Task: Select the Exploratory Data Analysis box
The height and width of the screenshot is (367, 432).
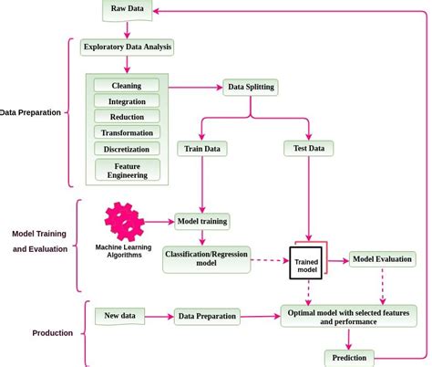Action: point(127,47)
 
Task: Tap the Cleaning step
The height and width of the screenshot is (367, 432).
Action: point(127,85)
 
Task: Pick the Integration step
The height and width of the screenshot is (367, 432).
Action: point(127,100)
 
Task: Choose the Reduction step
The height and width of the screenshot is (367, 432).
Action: point(127,116)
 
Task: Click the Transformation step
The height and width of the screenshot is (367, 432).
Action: point(127,132)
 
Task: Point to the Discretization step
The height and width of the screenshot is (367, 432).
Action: point(127,148)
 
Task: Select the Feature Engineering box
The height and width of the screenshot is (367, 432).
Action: point(127,169)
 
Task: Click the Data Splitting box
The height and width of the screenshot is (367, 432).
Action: point(250,88)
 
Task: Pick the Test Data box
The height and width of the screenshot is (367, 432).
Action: point(308,148)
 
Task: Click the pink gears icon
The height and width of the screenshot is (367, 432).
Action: point(124,222)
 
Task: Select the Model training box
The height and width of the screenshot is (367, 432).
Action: point(201,221)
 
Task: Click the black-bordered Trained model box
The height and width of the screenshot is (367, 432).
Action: point(308,263)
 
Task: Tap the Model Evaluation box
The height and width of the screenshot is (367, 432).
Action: point(383,259)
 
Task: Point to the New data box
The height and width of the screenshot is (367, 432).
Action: point(120,316)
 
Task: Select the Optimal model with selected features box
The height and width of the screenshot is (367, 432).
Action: point(348,316)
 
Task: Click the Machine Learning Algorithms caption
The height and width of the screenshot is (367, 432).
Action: point(124,251)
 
